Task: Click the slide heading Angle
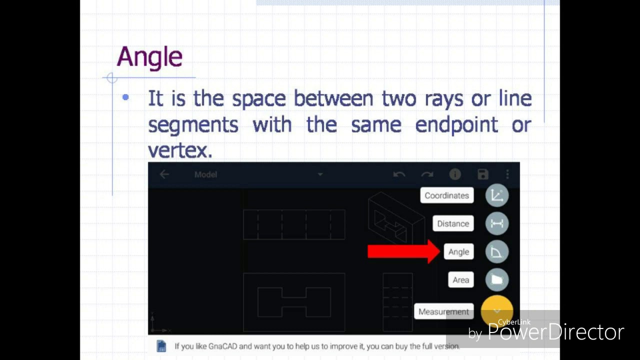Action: click(x=149, y=57)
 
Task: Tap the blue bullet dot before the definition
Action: click(x=125, y=97)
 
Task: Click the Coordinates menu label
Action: click(x=446, y=195)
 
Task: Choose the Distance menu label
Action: click(x=453, y=223)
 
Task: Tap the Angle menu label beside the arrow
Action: click(x=458, y=252)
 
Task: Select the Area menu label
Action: click(x=460, y=280)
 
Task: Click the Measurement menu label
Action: click(x=443, y=311)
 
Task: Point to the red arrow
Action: click(x=403, y=251)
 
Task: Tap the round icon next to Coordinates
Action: click(x=496, y=195)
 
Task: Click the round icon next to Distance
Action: click(x=496, y=223)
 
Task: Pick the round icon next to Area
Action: click(x=496, y=280)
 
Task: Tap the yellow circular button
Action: click(x=496, y=310)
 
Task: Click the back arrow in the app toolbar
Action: click(x=164, y=174)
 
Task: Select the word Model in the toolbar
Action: click(x=205, y=174)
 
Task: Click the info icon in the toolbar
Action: click(x=454, y=174)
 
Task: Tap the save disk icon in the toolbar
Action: click(x=482, y=174)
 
